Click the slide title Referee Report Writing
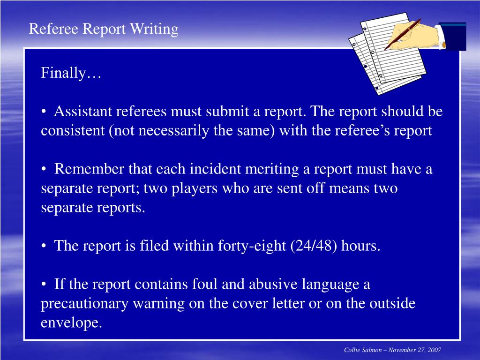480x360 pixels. (104, 29)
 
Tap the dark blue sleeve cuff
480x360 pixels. (453, 36)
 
